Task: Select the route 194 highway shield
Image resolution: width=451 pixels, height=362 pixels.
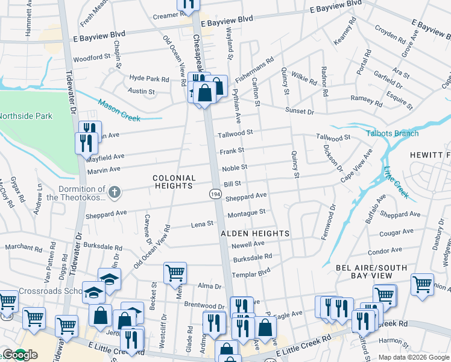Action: click(216, 193)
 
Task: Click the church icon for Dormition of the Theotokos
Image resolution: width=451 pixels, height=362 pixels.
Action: click(115, 193)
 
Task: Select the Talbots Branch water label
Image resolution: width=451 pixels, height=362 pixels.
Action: click(393, 133)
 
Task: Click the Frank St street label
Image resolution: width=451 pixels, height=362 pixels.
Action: click(232, 151)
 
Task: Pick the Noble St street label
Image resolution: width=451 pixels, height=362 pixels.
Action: click(235, 167)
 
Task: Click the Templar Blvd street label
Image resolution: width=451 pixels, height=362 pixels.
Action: click(253, 273)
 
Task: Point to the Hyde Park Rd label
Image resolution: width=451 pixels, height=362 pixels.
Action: click(149, 79)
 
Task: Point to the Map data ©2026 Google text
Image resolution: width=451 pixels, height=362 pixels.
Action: click(412, 357)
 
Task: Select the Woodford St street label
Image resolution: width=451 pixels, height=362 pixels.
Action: click(92, 60)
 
